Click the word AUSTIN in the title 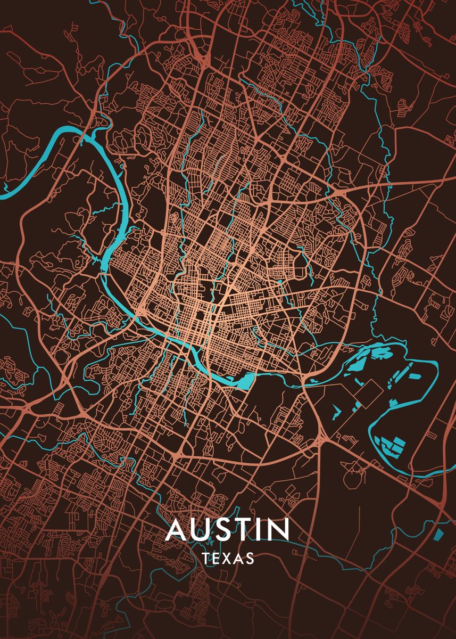228,529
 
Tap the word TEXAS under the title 228,559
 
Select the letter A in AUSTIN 177,529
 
